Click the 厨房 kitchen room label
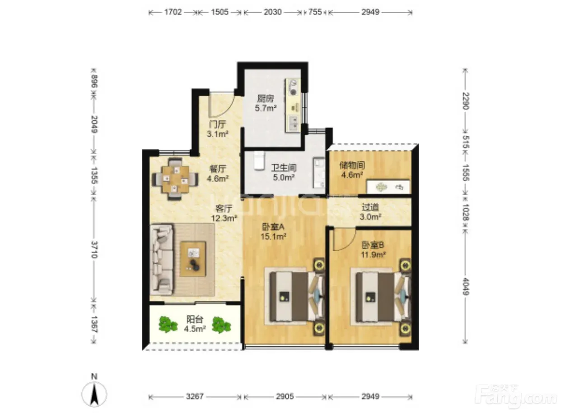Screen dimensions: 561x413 click(266, 99)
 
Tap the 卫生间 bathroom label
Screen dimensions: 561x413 click(284, 168)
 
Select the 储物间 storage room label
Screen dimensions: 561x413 click(352, 165)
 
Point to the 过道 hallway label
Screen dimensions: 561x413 click(370, 207)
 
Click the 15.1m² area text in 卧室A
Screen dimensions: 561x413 click(273, 236)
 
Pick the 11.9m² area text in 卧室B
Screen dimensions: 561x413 click(373, 255)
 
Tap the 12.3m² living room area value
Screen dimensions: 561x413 click(224, 218)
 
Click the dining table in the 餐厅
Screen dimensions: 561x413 click(175, 179)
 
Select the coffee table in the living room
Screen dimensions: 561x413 click(193, 259)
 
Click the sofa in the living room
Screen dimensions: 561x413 click(161, 259)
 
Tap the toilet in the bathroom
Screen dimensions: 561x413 click(259, 161)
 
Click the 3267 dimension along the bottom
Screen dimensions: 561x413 click(195, 396)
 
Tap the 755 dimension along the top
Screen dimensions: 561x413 click(315, 12)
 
